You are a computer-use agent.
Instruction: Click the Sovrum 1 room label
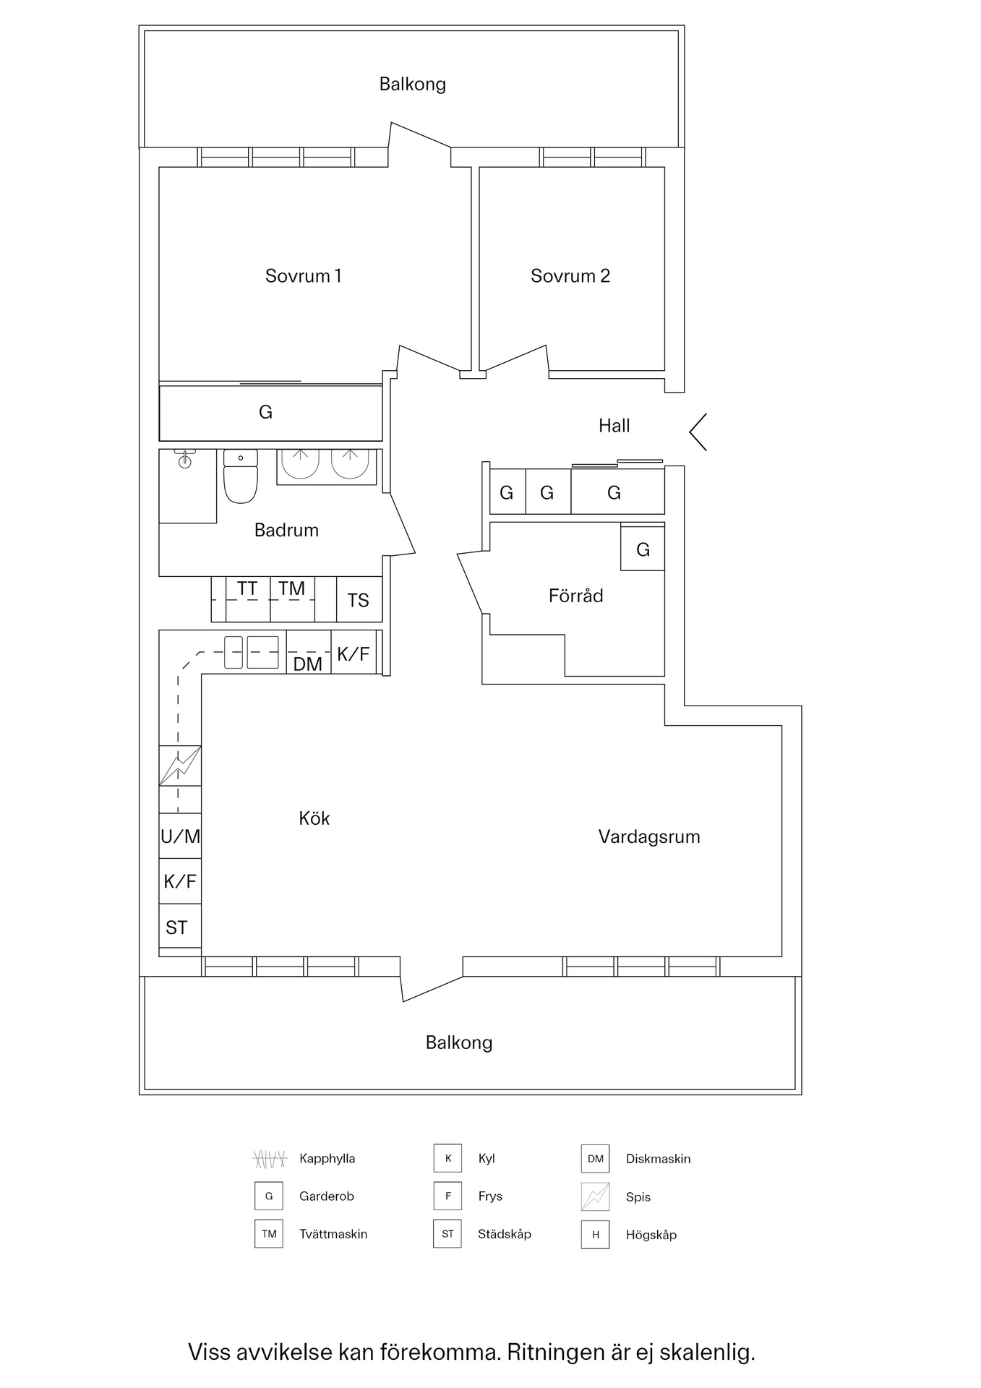pos(303,276)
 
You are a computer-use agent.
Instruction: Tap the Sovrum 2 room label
pos(570,276)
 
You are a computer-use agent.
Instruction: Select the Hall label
pos(614,426)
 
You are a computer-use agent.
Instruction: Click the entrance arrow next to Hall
pos(698,432)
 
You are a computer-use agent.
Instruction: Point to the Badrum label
pos(286,531)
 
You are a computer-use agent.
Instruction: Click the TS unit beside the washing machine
pos(359,600)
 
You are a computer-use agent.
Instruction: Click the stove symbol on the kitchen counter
pos(180,766)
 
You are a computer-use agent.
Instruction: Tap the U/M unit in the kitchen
pos(180,836)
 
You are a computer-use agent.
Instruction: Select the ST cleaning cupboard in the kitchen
pos(178,928)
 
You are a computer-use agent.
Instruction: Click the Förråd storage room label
pos(575,596)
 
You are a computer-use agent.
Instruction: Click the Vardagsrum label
pos(648,837)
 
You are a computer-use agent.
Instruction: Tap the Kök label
pos(314,818)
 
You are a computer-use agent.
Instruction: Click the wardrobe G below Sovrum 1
pos(266,412)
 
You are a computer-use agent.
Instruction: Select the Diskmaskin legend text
pos(658,1159)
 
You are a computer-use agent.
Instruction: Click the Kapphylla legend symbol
pos(270,1159)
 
